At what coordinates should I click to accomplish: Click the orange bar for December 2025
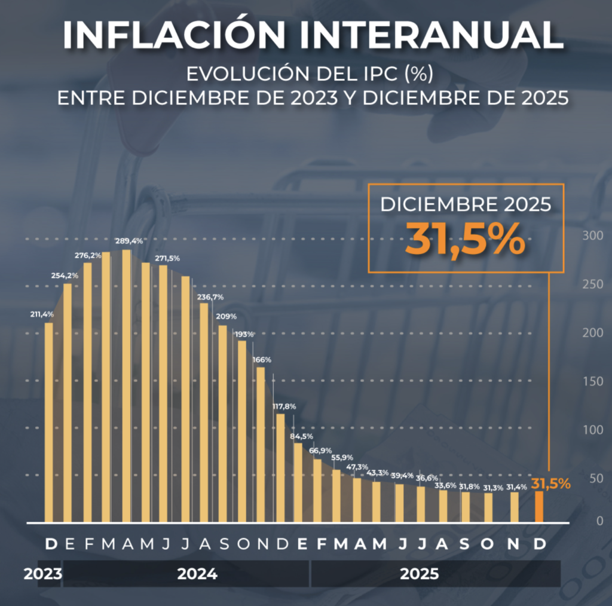[539, 506]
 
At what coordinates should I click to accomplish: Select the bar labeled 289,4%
[126, 385]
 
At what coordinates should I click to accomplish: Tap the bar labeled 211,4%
[48, 422]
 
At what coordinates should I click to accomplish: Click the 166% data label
[262, 360]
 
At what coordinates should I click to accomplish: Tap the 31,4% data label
[517, 486]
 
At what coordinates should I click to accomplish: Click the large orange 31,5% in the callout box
[466, 240]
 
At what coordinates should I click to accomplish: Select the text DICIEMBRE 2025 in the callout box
[466, 205]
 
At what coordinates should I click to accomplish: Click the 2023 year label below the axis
[43, 574]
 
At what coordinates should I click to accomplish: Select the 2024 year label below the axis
[197, 574]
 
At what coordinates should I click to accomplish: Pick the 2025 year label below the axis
[419, 574]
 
